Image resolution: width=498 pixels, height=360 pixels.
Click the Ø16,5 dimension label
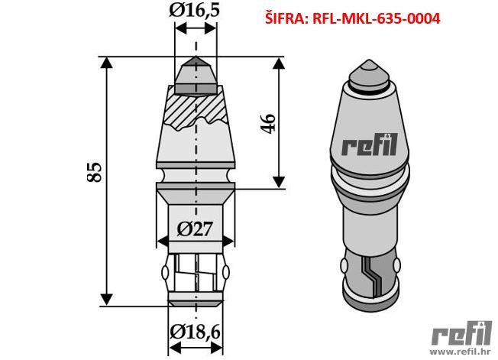(x=194, y=10)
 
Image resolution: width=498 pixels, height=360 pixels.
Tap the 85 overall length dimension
(x=95, y=172)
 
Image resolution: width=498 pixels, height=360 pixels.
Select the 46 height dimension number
(x=268, y=123)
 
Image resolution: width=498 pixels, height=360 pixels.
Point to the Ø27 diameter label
(x=194, y=229)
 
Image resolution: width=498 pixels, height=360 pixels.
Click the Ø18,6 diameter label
(x=195, y=332)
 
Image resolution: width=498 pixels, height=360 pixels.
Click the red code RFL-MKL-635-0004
(x=377, y=19)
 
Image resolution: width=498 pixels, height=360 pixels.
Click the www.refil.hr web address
(x=461, y=351)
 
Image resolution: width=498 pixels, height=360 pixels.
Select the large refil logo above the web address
(x=461, y=333)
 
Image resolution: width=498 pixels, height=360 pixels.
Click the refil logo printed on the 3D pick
(x=370, y=144)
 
